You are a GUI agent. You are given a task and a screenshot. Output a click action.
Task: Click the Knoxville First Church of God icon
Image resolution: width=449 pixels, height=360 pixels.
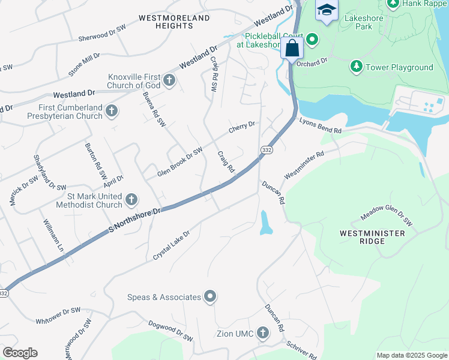(x=169, y=80)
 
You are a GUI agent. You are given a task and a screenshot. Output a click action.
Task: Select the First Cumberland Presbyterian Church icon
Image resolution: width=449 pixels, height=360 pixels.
(x=112, y=110)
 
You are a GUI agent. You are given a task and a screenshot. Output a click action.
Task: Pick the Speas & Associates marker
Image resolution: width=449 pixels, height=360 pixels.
(x=210, y=296)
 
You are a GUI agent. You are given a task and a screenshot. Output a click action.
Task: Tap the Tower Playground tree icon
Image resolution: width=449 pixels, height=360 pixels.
(x=356, y=66)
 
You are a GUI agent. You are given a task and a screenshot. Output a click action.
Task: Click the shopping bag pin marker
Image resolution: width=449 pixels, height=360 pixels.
(x=292, y=49)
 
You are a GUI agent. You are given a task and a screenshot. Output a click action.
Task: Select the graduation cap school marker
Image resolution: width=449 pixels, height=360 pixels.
(x=327, y=10)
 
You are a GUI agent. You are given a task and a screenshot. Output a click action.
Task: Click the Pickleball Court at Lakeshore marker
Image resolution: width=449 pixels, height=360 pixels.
(x=312, y=41)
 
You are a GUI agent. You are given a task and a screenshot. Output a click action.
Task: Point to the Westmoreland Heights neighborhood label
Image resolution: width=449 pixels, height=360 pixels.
(x=174, y=22)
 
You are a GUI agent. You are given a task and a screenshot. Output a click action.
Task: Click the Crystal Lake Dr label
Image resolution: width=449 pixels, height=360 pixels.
(x=171, y=245)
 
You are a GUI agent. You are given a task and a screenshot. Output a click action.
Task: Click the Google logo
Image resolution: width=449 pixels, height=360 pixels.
(x=20, y=353)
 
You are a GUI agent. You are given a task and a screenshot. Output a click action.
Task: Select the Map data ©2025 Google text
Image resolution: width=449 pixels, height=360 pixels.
(x=411, y=355)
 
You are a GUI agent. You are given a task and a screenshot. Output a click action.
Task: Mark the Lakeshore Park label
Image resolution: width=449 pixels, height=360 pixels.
(x=363, y=22)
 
